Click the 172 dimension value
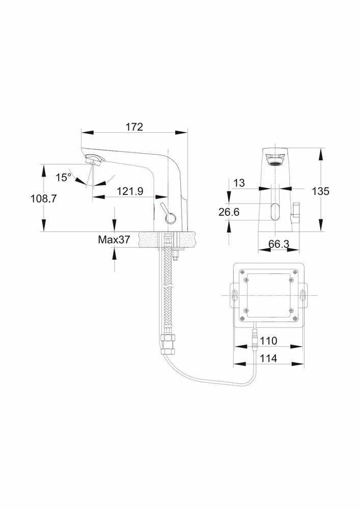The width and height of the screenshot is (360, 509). [134, 127]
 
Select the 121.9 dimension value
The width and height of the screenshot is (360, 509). [130, 191]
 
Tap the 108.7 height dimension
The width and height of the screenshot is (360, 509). [43, 199]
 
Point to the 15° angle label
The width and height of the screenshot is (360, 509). [63, 177]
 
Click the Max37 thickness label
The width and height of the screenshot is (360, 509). [114, 240]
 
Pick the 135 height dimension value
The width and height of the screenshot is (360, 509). [320, 191]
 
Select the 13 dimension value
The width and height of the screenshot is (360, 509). [239, 183]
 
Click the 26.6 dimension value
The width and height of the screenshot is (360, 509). [229, 212]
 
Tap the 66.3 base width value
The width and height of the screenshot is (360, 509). [279, 244]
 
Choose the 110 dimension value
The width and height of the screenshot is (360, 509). [268, 341]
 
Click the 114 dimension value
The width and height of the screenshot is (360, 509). [268, 358]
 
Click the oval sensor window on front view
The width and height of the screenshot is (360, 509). [275, 211]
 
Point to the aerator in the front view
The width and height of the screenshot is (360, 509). [275, 160]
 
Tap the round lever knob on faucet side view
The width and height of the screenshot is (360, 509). [170, 219]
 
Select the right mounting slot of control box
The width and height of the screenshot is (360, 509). [303, 295]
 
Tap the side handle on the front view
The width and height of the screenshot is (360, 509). [296, 212]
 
